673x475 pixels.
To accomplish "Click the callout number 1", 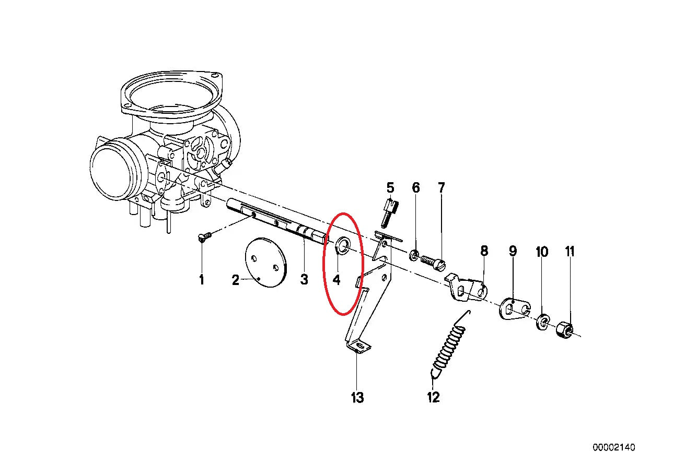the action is click(202, 280).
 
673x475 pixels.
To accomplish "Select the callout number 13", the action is click(357, 398).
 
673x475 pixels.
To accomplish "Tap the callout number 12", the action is click(434, 397).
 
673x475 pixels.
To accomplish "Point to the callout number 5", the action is click(390, 188).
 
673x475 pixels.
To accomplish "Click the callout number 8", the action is click(484, 251).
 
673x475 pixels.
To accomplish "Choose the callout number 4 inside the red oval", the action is click(336, 280).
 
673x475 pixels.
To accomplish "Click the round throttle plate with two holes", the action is click(266, 263).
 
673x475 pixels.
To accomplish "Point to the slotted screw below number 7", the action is click(433, 263).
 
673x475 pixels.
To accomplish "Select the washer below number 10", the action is click(542, 322).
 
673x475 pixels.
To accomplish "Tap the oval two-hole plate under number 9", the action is click(515, 308).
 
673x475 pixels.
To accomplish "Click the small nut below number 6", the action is click(414, 255).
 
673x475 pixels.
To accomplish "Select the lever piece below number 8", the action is click(466, 289).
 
